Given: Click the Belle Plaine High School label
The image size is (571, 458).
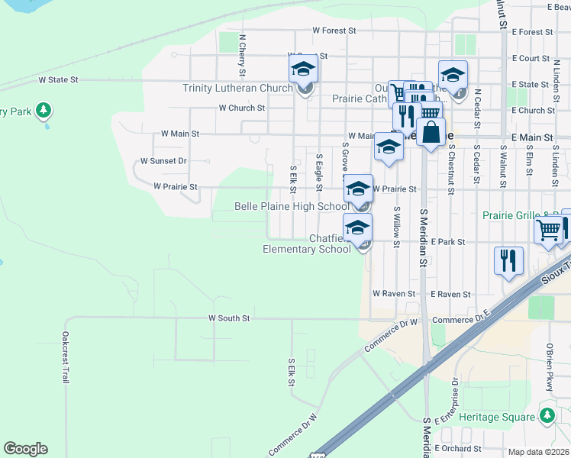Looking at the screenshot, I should [x=291, y=206].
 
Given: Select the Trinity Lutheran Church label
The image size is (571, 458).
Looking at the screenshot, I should [x=237, y=88].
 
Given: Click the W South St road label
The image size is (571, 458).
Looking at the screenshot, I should [x=229, y=318].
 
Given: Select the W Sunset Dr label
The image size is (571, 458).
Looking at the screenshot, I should [x=163, y=161].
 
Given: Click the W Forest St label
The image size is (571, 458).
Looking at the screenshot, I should [x=334, y=31].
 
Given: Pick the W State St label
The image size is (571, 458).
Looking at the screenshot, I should [x=59, y=79].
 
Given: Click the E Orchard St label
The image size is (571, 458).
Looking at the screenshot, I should [x=458, y=449].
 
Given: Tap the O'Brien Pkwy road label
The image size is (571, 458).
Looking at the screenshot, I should [x=549, y=367].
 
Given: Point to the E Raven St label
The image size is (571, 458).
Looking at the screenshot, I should [x=451, y=293].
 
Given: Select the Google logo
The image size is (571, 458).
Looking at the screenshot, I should [x=25, y=449].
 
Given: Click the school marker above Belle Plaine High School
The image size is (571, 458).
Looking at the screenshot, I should [x=358, y=190].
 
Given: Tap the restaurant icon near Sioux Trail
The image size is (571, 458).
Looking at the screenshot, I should [x=508, y=261].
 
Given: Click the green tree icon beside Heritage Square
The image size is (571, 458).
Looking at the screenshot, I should [x=547, y=416].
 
